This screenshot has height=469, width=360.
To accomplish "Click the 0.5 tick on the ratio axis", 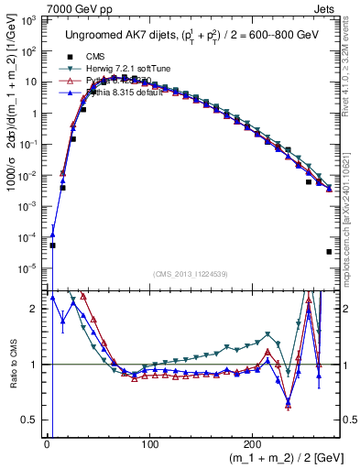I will tap(33, 420).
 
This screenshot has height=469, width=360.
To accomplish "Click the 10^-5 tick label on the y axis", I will tap(31, 267).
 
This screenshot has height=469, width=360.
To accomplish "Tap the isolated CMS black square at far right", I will tap(329, 252).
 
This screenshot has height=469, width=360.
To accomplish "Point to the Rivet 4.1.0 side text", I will tap(351, 69).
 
